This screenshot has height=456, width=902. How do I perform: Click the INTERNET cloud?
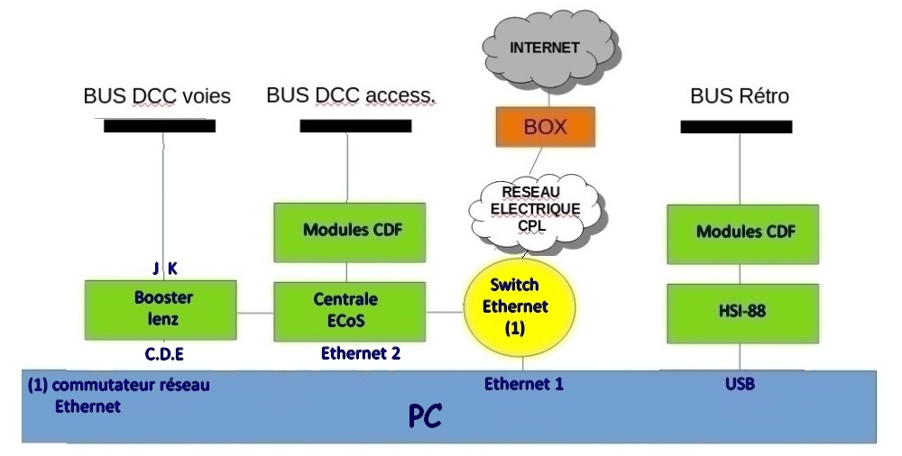(x=545, y=50)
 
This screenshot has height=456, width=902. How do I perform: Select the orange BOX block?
(x=546, y=126)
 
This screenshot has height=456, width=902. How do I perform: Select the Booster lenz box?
(x=161, y=310)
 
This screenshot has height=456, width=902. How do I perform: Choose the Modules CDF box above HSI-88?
(x=744, y=232)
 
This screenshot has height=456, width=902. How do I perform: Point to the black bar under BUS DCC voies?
(x=160, y=126)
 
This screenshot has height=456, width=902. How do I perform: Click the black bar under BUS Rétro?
(x=736, y=127)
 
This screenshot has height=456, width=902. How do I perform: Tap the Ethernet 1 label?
(x=524, y=384)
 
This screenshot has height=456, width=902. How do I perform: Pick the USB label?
(x=739, y=384)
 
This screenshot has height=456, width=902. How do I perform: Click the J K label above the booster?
(x=163, y=268)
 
